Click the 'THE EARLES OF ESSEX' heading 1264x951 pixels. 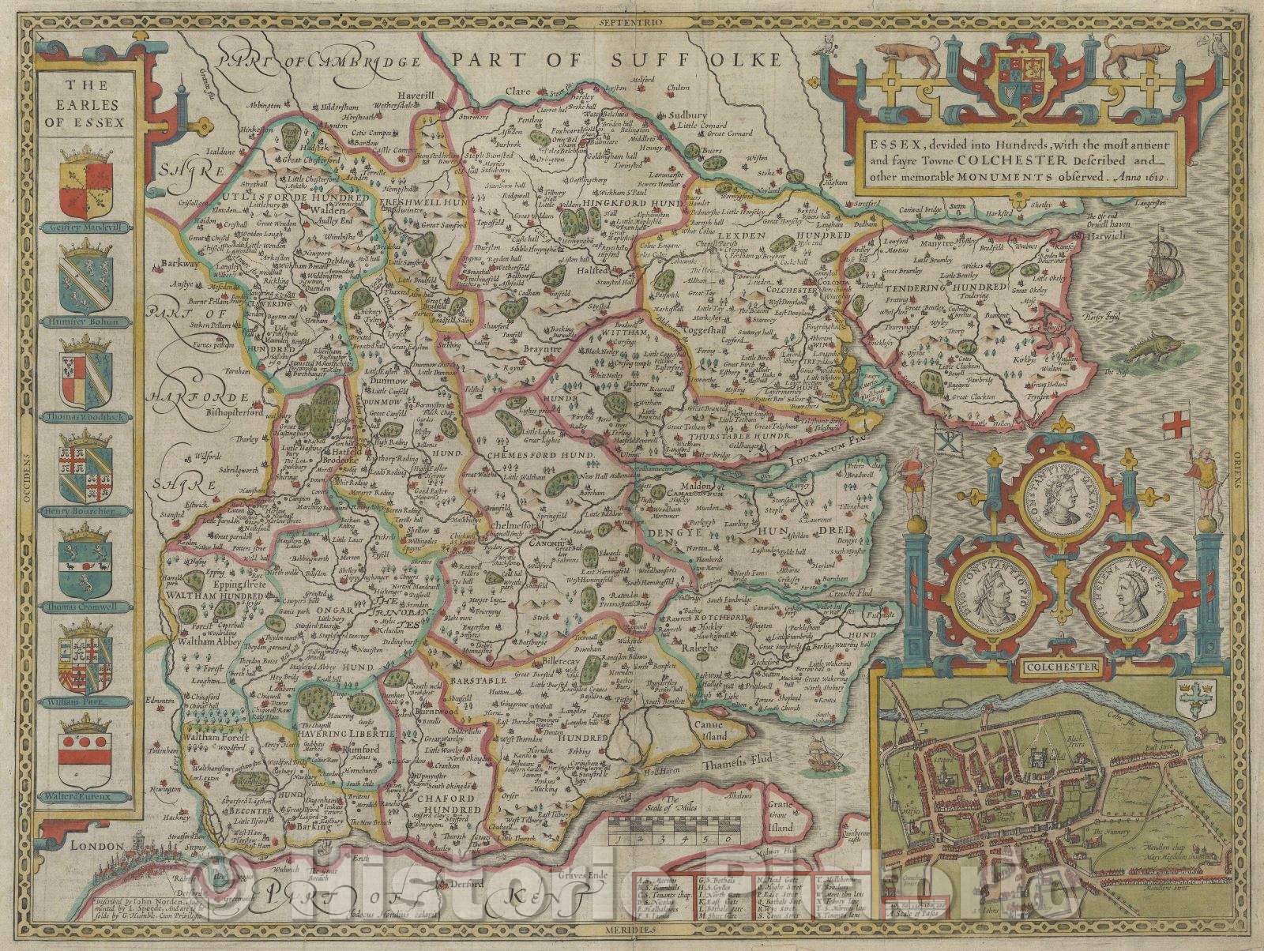[88, 104]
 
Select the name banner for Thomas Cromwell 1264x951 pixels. [87, 607]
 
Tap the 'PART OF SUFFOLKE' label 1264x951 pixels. [621, 60]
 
